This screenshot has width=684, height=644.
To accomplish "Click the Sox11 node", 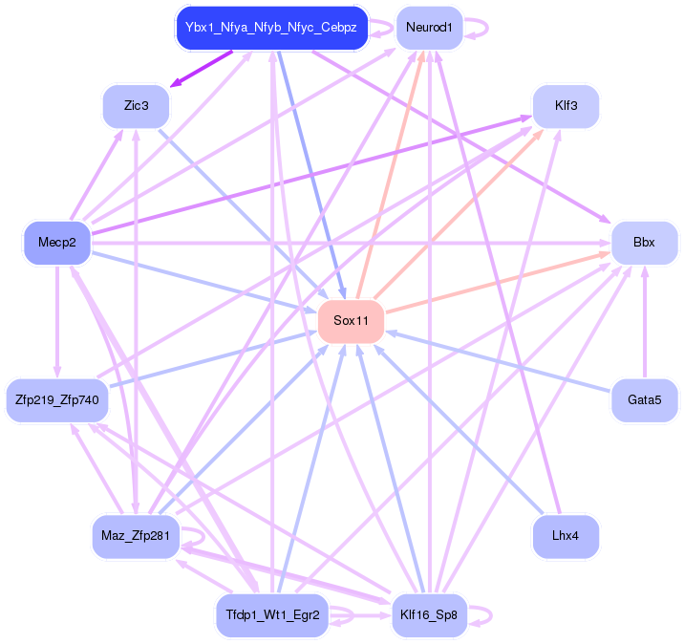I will pyautogui.click(x=352, y=319).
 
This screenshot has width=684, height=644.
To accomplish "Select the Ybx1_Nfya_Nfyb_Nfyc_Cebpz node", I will pyautogui.click(x=271, y=28).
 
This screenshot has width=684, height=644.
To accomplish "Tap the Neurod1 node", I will pyautogui.click(x=428, y=28).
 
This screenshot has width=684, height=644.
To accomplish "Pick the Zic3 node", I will pyautogui.click(x=136, y=105).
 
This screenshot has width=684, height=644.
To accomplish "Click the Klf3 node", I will pyautogui.click(x=566, y=105).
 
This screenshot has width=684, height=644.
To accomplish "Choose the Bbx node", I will pyautogui.click(x=644, y=242).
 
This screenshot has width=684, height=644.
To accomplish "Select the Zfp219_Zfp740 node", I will pyautogui.click(x=57, y=399).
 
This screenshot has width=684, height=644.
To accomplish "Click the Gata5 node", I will pyautogui.click(x=644, y=399).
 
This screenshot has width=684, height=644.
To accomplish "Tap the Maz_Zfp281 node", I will pyautogui.click(x=135, y=536).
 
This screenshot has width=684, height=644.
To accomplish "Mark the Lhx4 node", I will pyautogui.click(x=566, y=536).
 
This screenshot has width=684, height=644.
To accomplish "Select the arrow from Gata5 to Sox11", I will pyautogui.click(x=497, y=360).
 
